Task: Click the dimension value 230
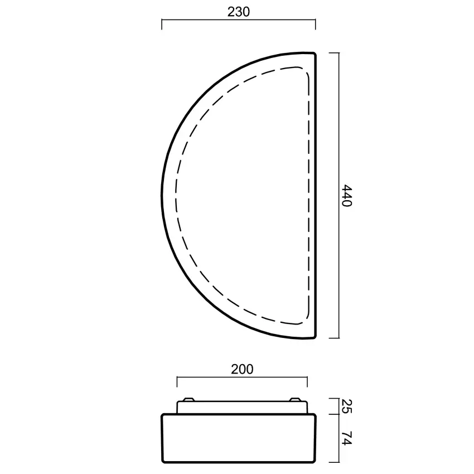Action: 239,12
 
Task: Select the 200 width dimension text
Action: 242,369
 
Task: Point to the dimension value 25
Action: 346,405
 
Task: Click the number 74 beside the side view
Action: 346,438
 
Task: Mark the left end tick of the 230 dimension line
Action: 162,25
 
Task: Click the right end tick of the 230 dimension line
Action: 316,25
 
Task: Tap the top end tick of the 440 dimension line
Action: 333,52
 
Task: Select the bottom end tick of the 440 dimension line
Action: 333,338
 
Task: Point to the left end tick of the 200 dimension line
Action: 177,381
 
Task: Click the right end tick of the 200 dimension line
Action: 307,381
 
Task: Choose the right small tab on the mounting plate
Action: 295,399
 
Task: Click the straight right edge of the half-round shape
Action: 316,195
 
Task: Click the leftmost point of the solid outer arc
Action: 162,195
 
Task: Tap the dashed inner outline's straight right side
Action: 308,195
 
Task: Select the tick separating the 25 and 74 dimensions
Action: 333,414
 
